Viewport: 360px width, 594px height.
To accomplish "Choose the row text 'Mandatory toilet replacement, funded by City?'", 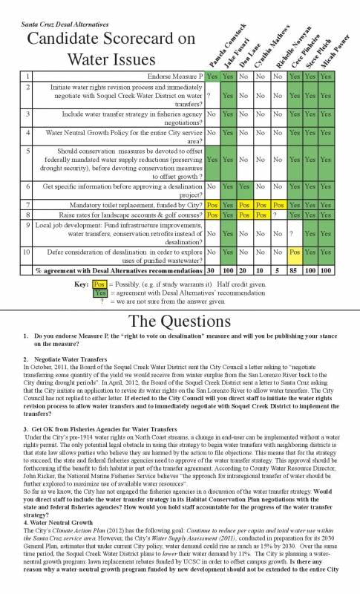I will click(x=139, y=203).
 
